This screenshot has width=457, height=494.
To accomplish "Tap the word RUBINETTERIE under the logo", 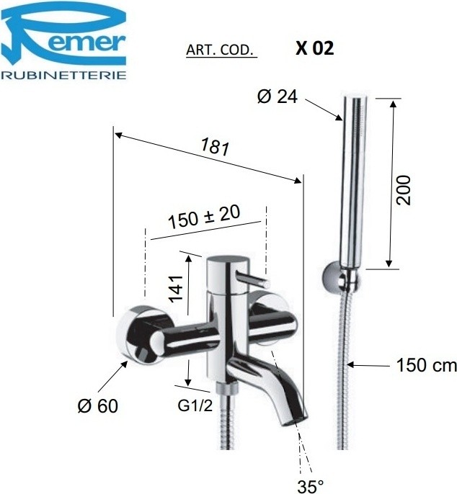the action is point(63,76).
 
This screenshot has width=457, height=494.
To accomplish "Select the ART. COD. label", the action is point(221,50).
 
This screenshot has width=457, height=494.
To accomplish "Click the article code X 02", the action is point(314,48).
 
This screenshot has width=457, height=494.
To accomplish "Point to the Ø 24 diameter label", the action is point(278,96).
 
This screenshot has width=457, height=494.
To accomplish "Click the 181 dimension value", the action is point(215,147).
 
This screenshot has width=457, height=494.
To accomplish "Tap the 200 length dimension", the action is point(404,190).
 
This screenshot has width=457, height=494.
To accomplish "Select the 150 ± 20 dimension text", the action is point(204,217).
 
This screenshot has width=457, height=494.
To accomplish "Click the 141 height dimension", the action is point(176,289).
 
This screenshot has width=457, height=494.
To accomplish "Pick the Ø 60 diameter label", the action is point(97,405).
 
